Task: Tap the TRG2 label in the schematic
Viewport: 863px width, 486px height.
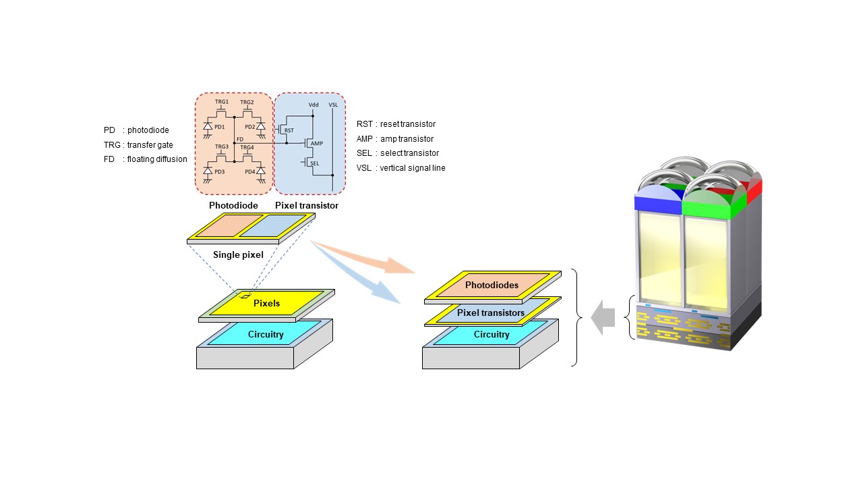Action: click(x=247, y=103)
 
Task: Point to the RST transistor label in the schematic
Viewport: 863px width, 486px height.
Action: click(x=289, y=130)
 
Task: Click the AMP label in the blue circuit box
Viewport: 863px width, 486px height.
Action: click(x=318, y=144)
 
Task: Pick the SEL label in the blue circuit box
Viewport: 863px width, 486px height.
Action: click(x=315, y=163)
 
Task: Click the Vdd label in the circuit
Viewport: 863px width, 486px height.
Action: click(x=314, y=105)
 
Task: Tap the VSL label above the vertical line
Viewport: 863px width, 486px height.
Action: click(x=333, y=105)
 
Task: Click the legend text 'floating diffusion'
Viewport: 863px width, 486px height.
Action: click(x=157, y=159)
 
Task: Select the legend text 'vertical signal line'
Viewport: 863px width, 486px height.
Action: click(x=412, y=167)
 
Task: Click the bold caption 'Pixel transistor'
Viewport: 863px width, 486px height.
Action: click(x=307, y=205)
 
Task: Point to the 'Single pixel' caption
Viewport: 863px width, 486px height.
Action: click(x=238, y=254)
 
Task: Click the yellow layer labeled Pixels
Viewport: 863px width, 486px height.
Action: click(x=266, y=303)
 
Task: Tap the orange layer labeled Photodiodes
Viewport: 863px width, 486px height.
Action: click(x=492, y=285)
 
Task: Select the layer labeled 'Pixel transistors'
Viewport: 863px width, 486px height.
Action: click(x=491, y=313)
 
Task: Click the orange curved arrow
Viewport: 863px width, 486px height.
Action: click(x=364, y=256)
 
